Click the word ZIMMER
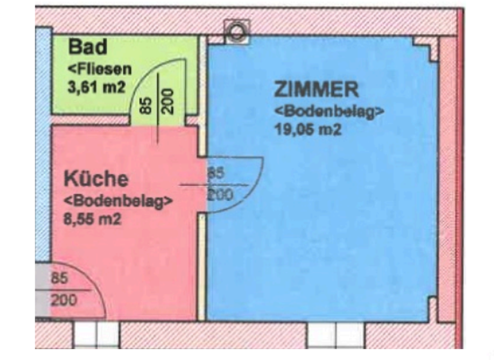[316, 88]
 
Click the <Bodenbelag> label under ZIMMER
[329, 110]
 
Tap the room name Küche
[96, 179]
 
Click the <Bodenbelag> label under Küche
[118, 200]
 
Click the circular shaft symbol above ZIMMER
[236, 30]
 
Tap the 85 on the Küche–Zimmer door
[215, 173]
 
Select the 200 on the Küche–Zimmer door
[220, 194]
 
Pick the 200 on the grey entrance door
[63, 300]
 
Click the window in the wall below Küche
[96, 335]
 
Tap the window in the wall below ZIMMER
[334, 335]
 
